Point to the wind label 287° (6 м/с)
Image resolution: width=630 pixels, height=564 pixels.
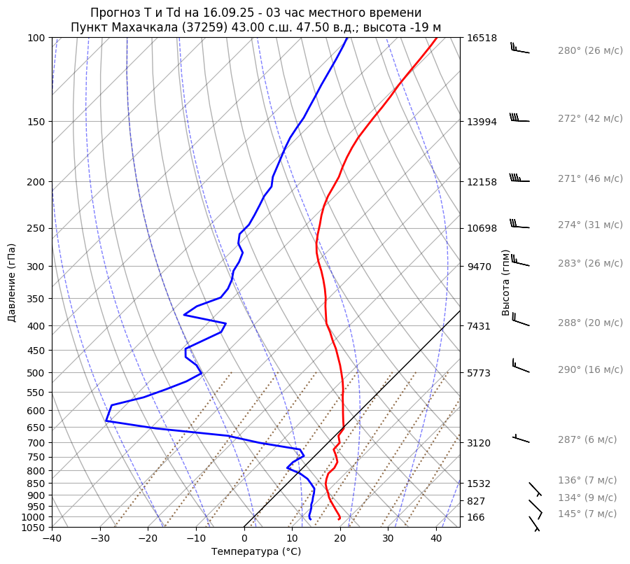point(587,440)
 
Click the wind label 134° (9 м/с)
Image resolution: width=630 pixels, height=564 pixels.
point(587,498)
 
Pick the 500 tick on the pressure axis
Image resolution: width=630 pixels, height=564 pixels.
point(36,373)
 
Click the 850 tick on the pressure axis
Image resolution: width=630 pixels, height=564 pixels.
point(36,484)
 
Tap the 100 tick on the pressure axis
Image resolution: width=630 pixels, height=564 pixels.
point(36,38)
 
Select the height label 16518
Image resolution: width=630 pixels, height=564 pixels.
point(482,38)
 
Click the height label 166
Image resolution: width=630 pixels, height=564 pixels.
point(476,517)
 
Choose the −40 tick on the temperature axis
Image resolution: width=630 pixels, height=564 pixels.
point(52,538)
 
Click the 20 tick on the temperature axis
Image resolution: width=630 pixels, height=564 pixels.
point(340,538)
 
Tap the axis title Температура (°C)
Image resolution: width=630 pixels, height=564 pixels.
point(256,552)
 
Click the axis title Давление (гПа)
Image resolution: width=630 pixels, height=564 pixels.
point(12,283)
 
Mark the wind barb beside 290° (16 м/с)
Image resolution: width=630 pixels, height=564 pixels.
point(520,365)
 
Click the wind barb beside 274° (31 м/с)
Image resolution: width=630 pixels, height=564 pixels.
point(519,225)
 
